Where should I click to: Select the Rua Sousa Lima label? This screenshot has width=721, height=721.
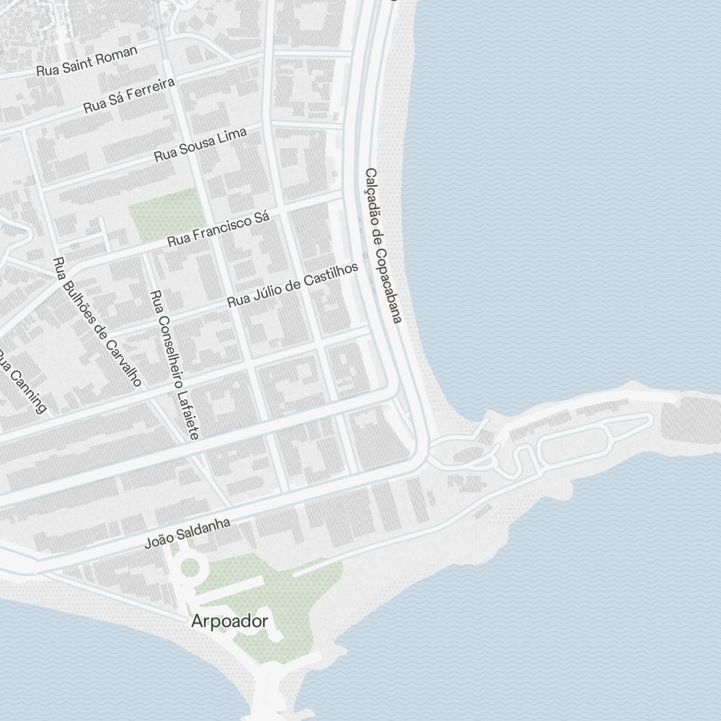point(200,144)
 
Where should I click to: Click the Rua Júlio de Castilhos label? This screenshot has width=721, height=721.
point(293,285)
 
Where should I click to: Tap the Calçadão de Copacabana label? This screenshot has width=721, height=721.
point(382,246)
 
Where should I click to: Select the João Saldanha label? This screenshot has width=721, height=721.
point(187,533)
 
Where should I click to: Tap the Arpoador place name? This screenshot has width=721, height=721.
point(230,622)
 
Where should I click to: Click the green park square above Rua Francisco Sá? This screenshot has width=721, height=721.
point(164,215)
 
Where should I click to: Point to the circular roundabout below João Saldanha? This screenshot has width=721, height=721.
point(190,567)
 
